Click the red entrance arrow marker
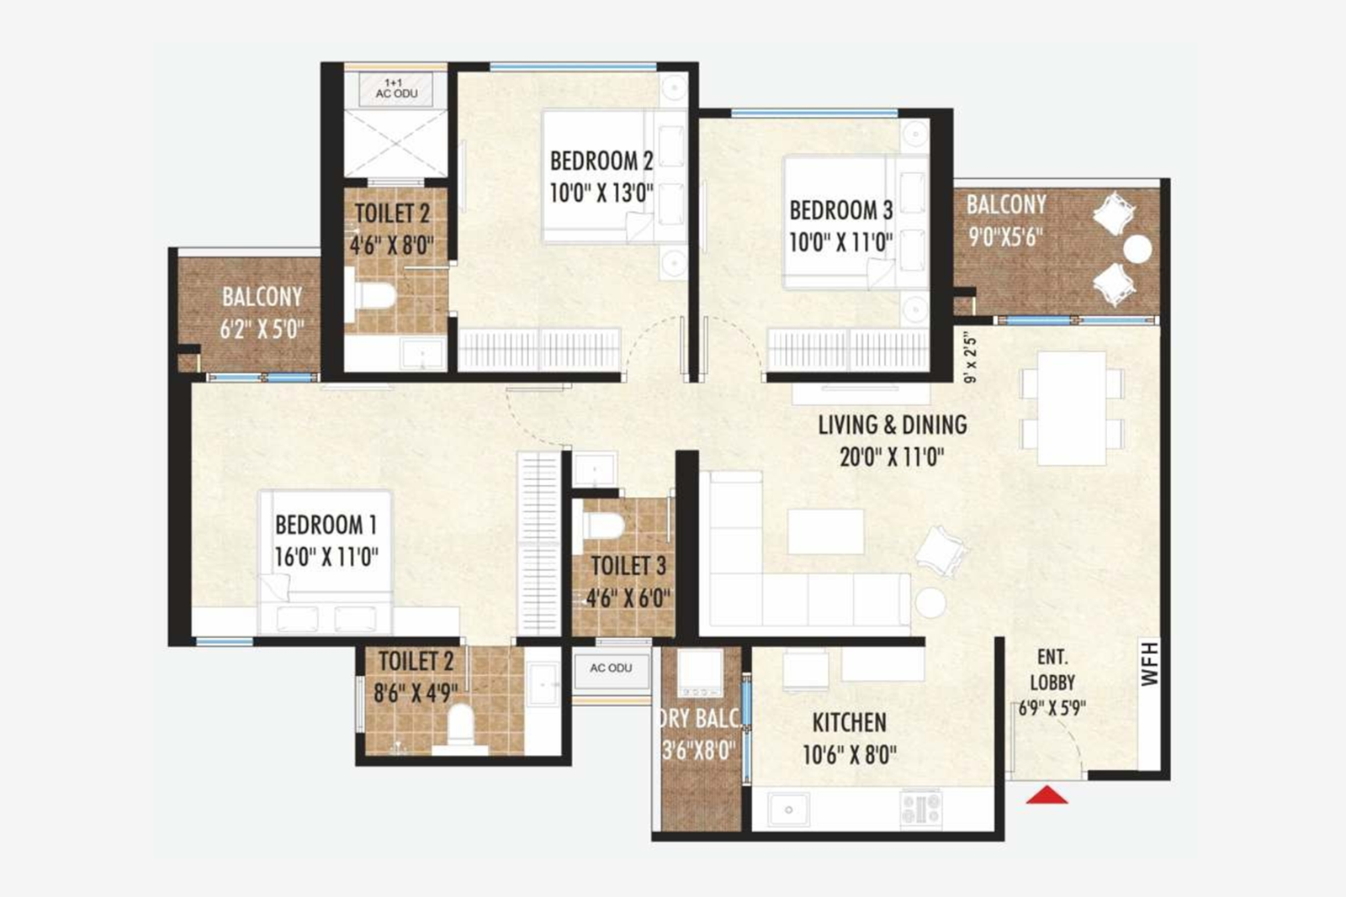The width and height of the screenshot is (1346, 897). click(x=1047, y=794)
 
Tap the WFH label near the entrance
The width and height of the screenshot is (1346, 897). click(x=1150, y=663)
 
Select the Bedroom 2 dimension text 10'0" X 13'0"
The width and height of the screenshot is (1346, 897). click(x=601, y=193)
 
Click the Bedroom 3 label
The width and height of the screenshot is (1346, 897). click(x=840, y=210)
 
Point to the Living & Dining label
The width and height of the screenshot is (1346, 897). click(x=892, y=425)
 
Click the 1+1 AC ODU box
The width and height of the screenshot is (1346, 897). click(x=396, y=89)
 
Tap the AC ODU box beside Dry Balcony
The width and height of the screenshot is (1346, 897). click(x=611, y=669)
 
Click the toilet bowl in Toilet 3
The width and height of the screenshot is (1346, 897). click(x=603, y=525)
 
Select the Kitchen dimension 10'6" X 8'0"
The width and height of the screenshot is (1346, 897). click(x=849, y=754)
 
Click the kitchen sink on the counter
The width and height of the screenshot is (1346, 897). click(x=789, y=810)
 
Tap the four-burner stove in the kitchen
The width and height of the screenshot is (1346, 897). click(x=921, y=809)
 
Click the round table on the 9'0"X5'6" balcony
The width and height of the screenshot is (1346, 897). click(x=1137, y=249)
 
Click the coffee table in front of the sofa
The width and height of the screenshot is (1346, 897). click(x=826, y=531)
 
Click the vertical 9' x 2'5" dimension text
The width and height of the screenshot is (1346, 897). click(x=971, y=357)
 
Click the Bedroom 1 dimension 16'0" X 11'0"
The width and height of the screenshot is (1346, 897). click(x=326, y=557)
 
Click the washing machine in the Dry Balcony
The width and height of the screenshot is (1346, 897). click(x=700, y=673)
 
